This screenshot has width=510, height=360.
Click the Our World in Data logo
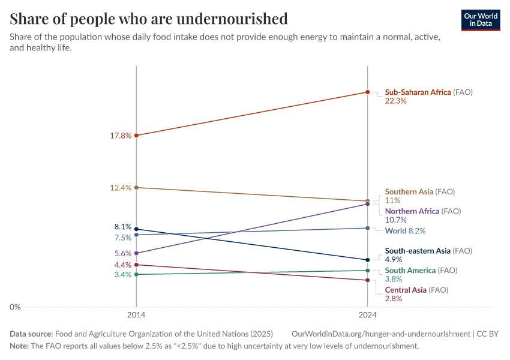pos(481,20)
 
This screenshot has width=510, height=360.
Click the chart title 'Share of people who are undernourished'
pos(148,19)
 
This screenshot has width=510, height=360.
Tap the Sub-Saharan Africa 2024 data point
pos(367,92)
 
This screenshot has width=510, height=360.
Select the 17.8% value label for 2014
pos(121,136)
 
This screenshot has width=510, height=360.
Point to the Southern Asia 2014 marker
pos(136,188)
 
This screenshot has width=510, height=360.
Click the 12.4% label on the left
pos(121,188)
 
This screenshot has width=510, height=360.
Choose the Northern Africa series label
pos(413,211)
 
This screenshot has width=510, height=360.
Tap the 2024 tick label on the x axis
pos(367,314)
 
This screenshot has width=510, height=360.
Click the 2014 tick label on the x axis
pos(136,314)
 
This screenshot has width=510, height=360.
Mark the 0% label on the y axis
pos(15,307)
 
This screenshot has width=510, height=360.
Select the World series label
pos(396,231)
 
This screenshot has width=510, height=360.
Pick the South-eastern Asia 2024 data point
pos(367,260)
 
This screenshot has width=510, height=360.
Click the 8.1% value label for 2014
pos(122,227)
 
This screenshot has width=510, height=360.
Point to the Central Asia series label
pos(406,290)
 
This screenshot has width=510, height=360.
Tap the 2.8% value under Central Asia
pos(394,298)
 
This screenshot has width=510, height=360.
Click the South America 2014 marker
pos(136,274)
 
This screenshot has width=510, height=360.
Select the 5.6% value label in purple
pos(122,253)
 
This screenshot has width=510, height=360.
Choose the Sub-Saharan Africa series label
pos(418,92)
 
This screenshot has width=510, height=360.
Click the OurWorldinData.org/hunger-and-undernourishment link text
pos(380,334)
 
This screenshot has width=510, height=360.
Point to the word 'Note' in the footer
pos(19,346)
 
